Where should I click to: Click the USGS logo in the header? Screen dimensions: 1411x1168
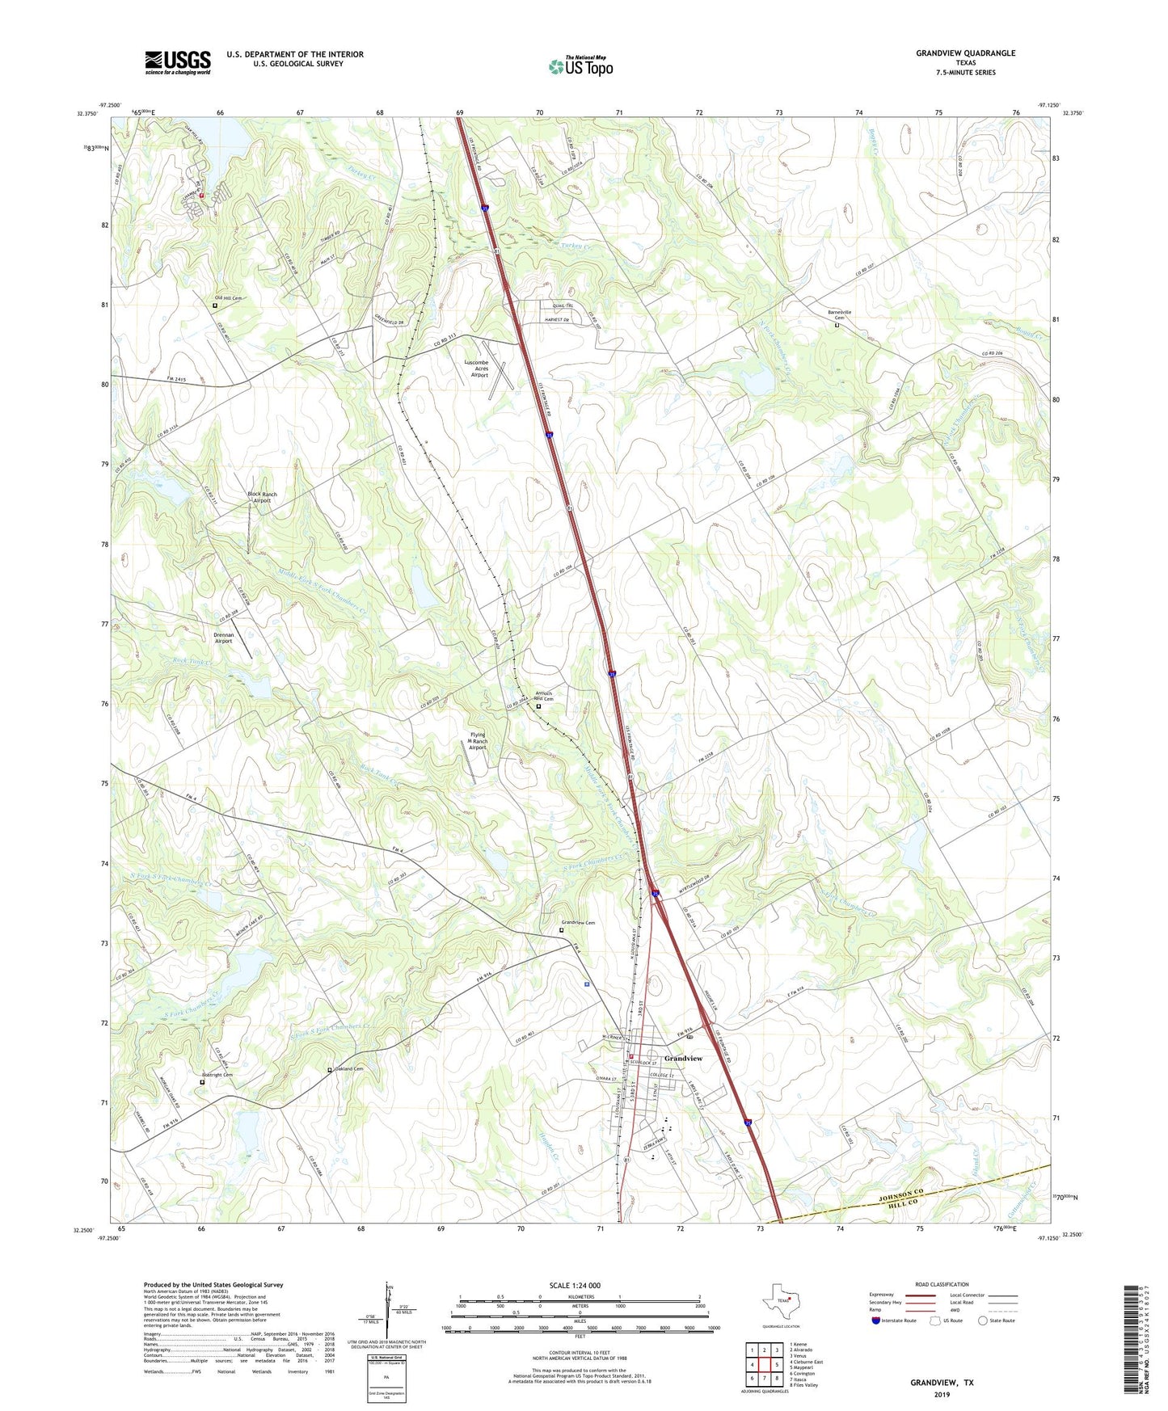(178, 62)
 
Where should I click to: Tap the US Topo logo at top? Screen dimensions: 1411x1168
(580, 66)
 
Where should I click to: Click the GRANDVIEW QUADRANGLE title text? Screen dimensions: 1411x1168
(965, 53)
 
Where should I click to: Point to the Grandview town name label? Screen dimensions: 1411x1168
(683, 1058)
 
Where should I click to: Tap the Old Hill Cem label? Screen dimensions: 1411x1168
(229, 298)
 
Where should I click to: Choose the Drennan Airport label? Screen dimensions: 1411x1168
(223, 638)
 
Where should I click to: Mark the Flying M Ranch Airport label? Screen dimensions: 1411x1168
(479, 741)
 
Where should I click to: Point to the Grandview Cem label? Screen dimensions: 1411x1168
(578, 923)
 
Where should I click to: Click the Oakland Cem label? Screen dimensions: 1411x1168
(348, 1069)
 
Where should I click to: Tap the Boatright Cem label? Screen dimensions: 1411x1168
(217, 1075)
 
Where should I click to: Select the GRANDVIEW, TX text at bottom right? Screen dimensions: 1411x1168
(942, 1383)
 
